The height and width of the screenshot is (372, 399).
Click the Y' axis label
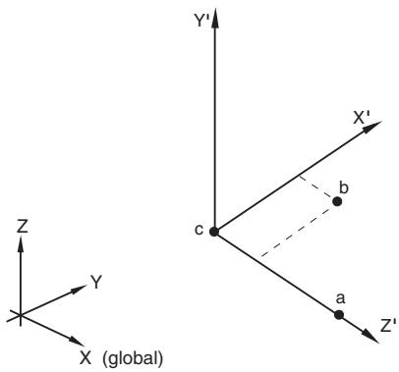tap(201, 21)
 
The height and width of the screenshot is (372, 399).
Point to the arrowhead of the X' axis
tap(373, 127)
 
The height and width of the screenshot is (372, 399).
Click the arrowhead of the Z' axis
tap(371, 337)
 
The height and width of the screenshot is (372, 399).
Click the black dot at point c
tap(214, 232)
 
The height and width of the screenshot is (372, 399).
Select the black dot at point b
tap(337, 201)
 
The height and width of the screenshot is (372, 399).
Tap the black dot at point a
tap(339, 315)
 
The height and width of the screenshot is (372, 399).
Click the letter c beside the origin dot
tap(199, 230)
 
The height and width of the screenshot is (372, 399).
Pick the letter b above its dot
tap(344, 187)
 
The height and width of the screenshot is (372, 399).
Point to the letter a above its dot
tap(341, 298)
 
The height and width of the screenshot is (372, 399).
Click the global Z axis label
tap(22, 227)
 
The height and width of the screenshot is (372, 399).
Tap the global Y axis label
tap(96, 282)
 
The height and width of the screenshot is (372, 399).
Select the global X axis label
tap(85, 358)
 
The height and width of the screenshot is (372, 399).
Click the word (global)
tap(133, 359)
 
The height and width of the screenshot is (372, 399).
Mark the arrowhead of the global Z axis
tap(21, 244)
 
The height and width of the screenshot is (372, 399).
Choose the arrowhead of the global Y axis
tap(79, 290)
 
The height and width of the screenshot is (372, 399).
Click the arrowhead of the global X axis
tap(77, 341)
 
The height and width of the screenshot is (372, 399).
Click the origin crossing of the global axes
tap(21, 315)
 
